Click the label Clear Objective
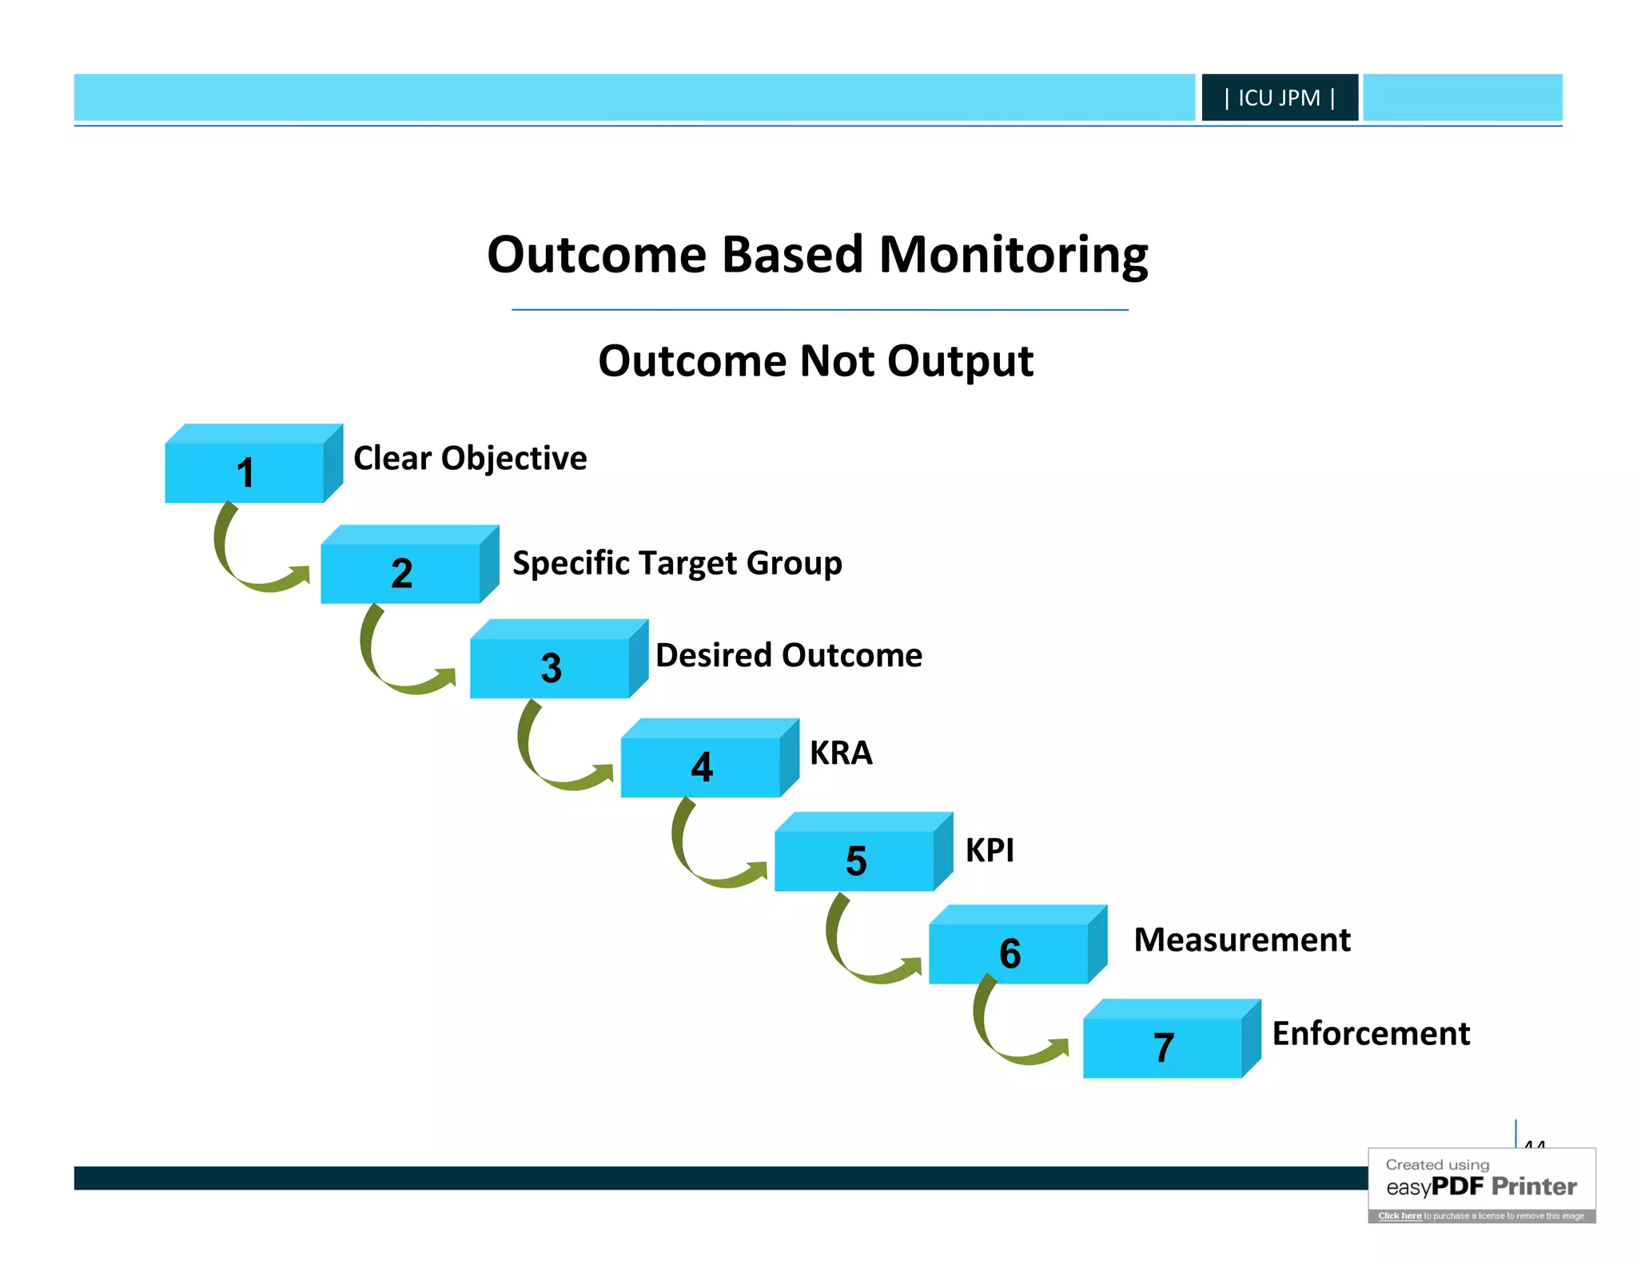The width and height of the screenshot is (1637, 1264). tap(470, 459)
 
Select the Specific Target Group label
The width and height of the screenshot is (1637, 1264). tap(677, 563)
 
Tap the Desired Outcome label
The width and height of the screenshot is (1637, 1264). tap(789, 655)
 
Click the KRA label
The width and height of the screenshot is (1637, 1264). tap(841, 753)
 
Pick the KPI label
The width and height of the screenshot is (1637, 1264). tap(990, 850)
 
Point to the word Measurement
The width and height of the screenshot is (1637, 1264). tap(1242, 940)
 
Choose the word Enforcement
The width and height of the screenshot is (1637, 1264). tap(1371, 1033)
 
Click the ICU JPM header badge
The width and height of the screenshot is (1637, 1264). tap(1279, 97)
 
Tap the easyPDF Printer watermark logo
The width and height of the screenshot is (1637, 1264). tap(1481, 1186)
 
